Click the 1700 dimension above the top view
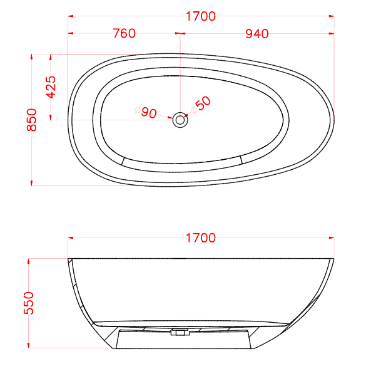[200, 16]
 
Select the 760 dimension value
[124, 34]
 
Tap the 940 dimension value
[257, 34]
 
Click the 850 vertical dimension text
[32, 120]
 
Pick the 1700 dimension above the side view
[200, 238]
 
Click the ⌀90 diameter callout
[145, 112]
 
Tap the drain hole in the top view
[180, 119]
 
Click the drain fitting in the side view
[180, 333]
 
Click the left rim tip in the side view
[69, 258]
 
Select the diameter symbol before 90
[138, 112]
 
